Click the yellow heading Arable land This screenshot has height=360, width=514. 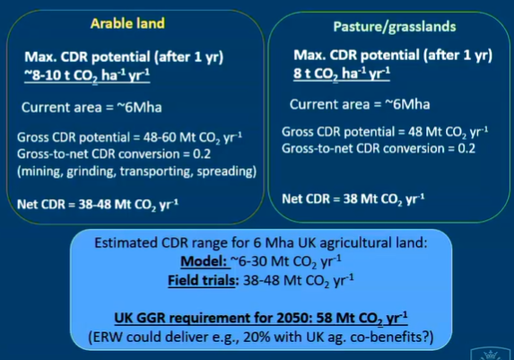click(127, 23)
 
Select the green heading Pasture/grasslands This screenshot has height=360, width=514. click(395, 27)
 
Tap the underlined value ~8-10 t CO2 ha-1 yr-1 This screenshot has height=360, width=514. click(87, 75)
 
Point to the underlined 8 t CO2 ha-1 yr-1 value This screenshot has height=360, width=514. click(342, 74)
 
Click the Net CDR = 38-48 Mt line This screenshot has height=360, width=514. click(98, 205)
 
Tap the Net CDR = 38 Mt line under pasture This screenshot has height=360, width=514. click(353, 199)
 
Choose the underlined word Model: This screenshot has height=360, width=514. click(204, 261)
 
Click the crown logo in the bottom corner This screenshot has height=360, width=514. click(491, 354)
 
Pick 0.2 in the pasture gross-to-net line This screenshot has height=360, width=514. click(466, 149)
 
